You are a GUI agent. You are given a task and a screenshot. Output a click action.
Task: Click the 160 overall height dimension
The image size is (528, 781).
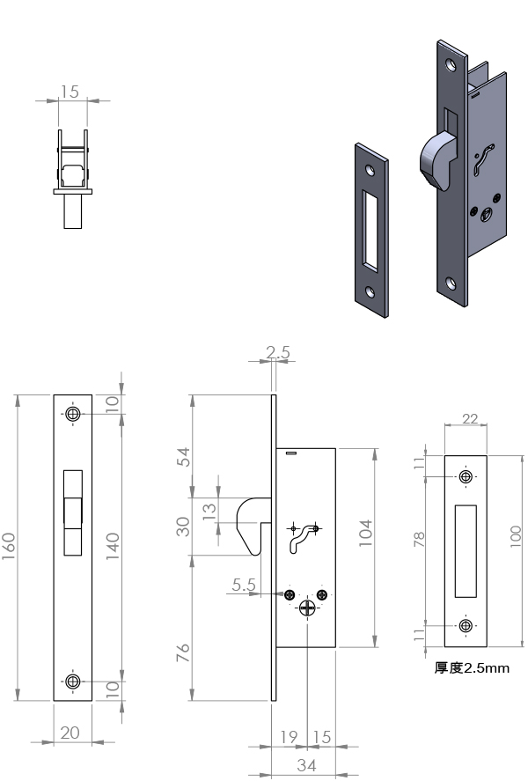pyautogui.click(x=9, y=547)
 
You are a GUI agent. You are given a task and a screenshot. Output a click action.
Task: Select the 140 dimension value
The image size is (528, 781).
pyautogui.click(x=113, y=547)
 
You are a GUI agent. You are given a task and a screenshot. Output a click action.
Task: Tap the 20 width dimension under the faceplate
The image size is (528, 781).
pyautogui.click(x=70, y=733)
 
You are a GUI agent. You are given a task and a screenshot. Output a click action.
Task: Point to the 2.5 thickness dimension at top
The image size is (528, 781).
pyautogui.click(x=278, y=352)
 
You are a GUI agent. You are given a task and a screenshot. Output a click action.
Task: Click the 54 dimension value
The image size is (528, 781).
pyautogui.click(x=184, y=457)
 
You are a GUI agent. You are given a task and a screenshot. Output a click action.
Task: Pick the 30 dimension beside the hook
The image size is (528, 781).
pyautogui.click(x=184, y=527)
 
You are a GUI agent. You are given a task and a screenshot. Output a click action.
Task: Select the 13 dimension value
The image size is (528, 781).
pyautogui.click(x=209, y=511)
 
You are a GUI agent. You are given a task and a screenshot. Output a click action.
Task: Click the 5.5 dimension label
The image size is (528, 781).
pyautogui.click(x=244, y=585)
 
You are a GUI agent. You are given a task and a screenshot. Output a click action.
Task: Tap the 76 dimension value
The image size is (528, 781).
pyautogui.click(x=184, y=652)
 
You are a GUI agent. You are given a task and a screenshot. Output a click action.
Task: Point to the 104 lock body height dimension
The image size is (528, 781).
pyautogui.click(x=366, y=533)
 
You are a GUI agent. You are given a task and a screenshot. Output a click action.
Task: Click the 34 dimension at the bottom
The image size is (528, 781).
pyautogui.click(x=306, y=765)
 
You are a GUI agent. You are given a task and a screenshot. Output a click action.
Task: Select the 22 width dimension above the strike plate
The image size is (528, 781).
pyautogui.click(x=470, y=419)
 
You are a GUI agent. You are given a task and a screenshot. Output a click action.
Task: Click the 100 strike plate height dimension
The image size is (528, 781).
pyautogui.click(x=516, y=536)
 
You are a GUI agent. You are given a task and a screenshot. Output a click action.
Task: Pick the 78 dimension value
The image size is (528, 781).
pyautogui.click(x=420, y=539)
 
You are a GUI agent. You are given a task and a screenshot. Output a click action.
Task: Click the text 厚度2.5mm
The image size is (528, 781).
pyautogui.click(x=472, y=668)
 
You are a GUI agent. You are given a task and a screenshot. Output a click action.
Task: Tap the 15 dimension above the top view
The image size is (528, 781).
pyautogui.click(x=70, y=92)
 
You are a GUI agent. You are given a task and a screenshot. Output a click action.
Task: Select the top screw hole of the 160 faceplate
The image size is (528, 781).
pyautogui.click(x=73, y=414)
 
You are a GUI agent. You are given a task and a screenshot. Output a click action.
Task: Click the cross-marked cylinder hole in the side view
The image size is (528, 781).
pyautogui.click(x=307, y=608)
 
